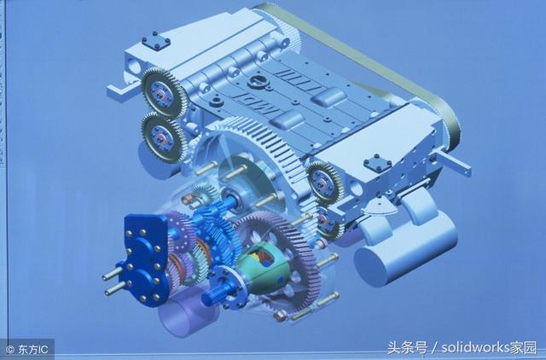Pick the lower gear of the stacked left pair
[x=163, y=137]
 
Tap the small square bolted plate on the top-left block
[x=155, y=41]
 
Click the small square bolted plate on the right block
[x=378, y=164]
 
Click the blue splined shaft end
[x=215, y=294]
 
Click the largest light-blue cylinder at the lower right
[x=406, y=249]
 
